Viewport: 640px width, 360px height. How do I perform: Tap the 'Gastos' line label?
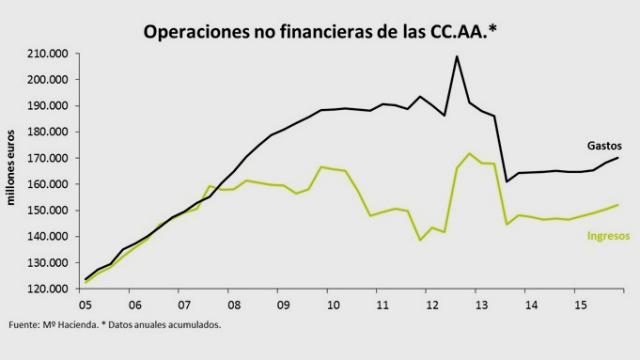[x=605, y=144]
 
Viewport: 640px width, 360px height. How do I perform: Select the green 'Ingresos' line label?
[x=606, y=235]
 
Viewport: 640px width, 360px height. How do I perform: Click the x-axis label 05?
[x=86, y=303]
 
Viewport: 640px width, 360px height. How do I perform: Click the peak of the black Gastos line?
[x=457, y=56]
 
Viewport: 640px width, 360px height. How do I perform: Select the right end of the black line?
[x=618, y=158]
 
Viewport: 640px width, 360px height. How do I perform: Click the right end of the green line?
[x=618, y=205]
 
